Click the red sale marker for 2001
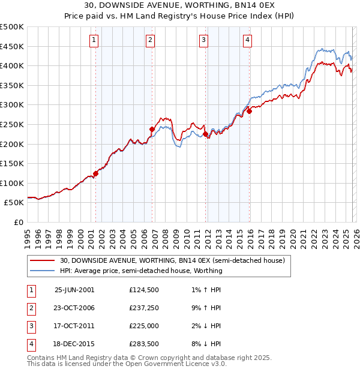[95, 173]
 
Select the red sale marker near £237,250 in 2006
[152, 129]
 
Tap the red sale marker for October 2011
[205, 134]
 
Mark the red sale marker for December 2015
[249, 111]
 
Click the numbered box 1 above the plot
[95, 40]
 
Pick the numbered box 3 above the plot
[204, 40]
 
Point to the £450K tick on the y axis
[12, 46]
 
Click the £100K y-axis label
[12, 183]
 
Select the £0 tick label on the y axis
[17, 222]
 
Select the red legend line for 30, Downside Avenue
[41, 261]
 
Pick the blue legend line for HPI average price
[41, 271]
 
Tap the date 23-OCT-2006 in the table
[74, 309]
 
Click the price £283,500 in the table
[144, 344]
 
